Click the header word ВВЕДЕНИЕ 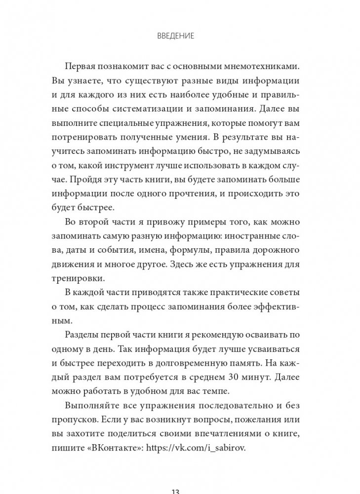click(180, 36)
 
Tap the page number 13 click(180, 490)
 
